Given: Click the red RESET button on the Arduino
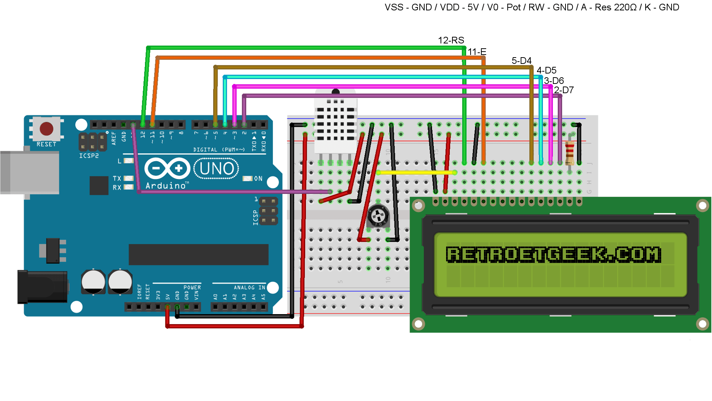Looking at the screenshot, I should [x=46, y=129].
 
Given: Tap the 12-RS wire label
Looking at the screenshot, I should [x=451, y=40].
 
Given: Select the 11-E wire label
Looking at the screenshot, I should [x=477, y=52].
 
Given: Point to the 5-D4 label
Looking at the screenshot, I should [x=521, y=61].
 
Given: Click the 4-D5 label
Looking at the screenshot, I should [x=546, y=70].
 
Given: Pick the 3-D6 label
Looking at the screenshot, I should [x=554, y=81].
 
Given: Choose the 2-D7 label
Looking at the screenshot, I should [x=564, y=90].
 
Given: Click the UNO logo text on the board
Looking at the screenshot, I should [x=217, y=169].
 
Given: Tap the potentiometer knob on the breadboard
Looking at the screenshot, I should [x=378, y=215].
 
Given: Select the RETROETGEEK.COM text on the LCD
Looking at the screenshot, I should [x=553, y=255].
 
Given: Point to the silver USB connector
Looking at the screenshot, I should [x=30, y=172].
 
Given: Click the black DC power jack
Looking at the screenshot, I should [x=43, y=287].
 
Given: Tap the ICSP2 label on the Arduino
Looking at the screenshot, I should [x=89, y=156].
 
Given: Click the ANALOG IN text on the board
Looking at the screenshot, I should [x=249, y=287].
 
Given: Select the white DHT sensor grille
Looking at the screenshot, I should [x=335, y=124].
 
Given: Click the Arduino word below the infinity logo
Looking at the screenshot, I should [x=165, y=186].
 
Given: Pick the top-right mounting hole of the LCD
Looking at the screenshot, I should [x=702, y=205].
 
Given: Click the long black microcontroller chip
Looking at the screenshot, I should [x=198, y=254].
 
